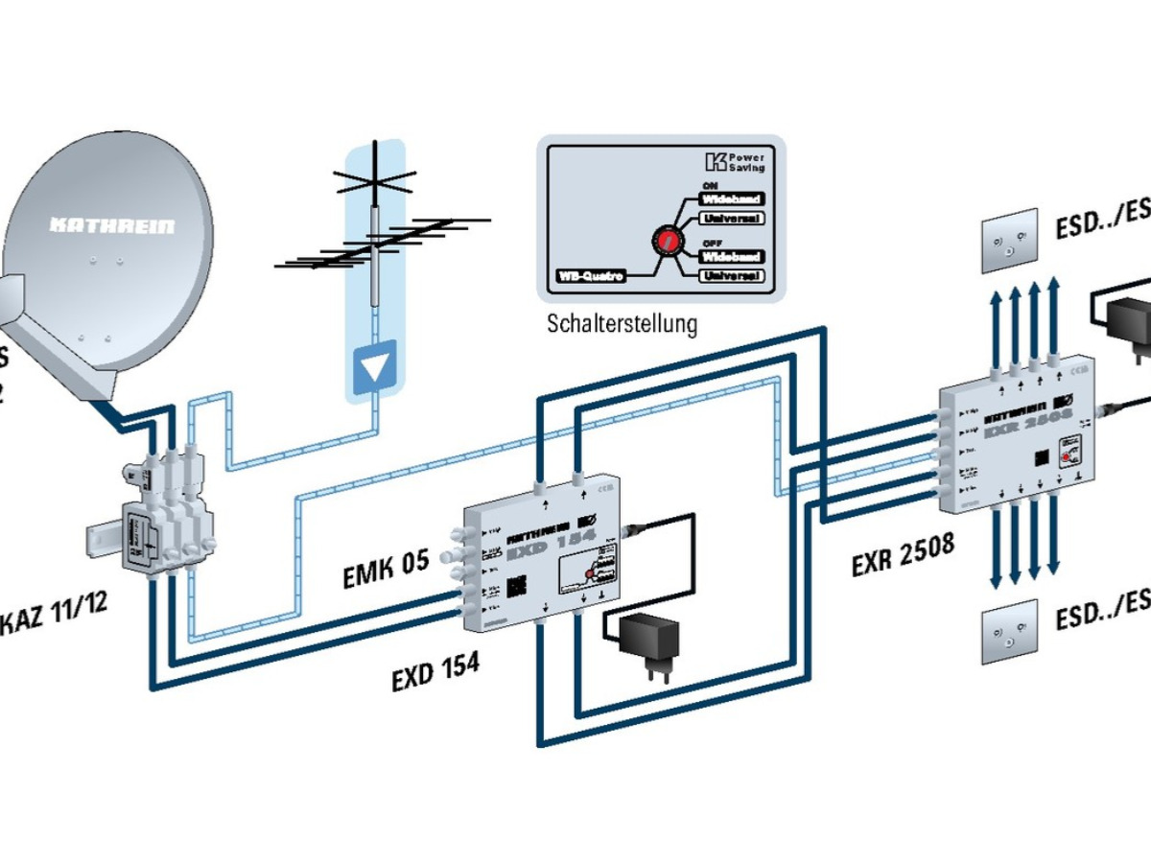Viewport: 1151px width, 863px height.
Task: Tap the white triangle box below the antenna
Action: click(x=376, y=365)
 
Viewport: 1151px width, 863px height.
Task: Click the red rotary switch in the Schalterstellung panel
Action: click(x=664, y=240)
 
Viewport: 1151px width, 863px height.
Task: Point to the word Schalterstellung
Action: click(x=622, y=323)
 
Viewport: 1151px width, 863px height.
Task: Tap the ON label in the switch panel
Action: click(x=711, y=186)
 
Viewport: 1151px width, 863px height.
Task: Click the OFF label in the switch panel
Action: click(x=712, y=244)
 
